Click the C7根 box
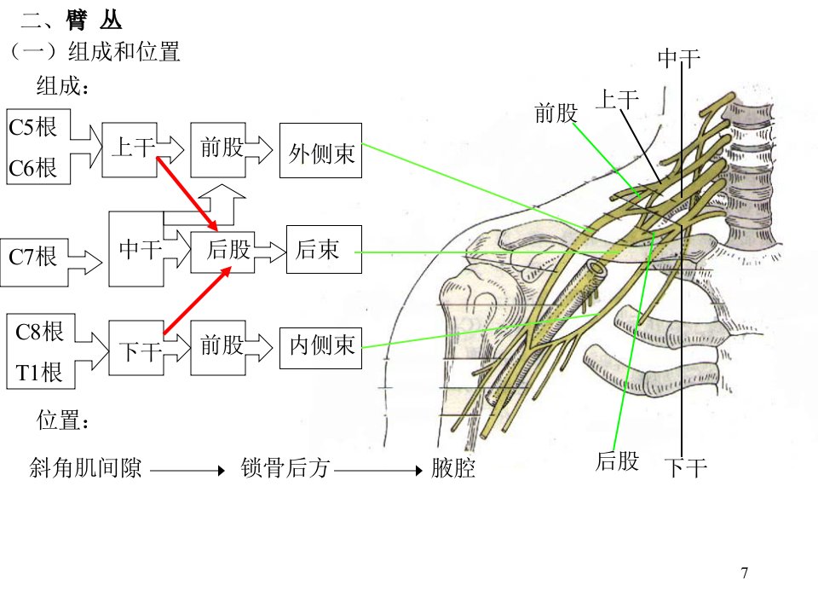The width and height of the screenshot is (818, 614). point(34,262)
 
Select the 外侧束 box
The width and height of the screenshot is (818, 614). point(320,150)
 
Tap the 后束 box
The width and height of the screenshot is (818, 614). point(324,249)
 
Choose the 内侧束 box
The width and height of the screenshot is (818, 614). point(320,348)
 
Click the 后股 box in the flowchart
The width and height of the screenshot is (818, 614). point(222,252)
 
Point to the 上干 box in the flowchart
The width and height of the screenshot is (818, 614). point(130,150)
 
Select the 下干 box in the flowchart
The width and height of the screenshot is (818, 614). point(136,348)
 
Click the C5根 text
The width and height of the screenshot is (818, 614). point(32,127)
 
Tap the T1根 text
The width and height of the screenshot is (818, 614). point(38,373)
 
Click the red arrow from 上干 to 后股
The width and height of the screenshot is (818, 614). point(187,194)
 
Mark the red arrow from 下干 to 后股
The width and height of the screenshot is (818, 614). point(197,300)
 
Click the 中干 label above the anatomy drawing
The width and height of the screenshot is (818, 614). point(679,59)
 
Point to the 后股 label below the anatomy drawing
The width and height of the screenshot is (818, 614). point(617,461)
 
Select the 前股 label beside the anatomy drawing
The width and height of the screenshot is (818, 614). point(556,113)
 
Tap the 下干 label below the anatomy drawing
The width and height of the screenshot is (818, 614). point(686,467)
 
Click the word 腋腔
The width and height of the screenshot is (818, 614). point(453,468)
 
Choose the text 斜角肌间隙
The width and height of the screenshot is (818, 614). point(85,468)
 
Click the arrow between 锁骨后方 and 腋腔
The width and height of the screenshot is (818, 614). point(378,471)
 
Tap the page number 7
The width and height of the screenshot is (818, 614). point(745,573)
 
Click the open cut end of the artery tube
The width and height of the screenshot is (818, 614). point(596,269)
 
